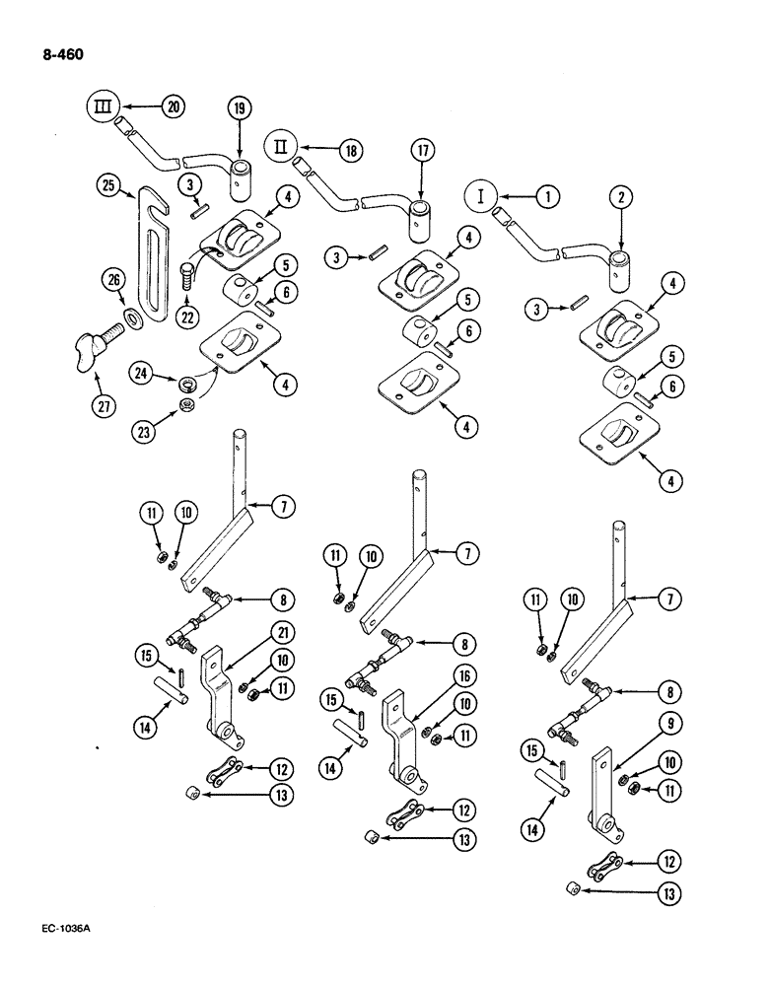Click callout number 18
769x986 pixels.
347,150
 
